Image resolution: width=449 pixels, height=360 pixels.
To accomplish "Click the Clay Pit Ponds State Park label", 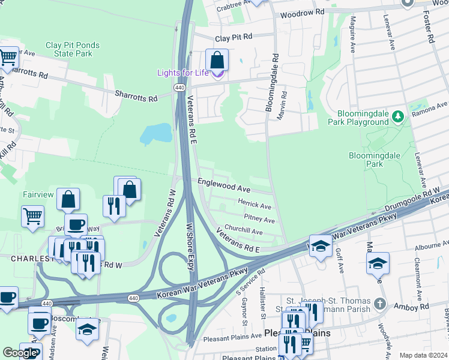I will click(72, 49).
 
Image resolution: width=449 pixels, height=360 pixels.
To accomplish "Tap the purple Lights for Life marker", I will click(217, 74).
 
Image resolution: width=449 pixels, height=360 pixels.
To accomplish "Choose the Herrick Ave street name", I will click(255, 205).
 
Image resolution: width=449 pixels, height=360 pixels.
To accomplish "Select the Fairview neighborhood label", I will click(38, 194).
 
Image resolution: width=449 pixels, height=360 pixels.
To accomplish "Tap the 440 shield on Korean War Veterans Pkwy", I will click(133, 298).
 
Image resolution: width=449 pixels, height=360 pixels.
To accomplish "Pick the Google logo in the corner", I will click(20, 353).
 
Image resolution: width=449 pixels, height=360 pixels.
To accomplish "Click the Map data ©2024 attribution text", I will click(423, 355).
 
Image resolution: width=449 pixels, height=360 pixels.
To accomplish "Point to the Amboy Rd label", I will click(416, 306).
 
